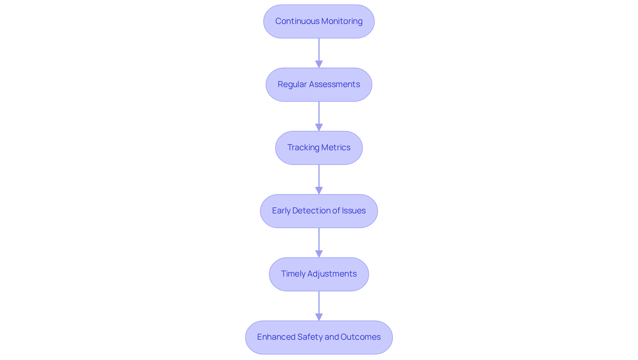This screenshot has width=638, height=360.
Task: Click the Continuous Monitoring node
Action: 319,22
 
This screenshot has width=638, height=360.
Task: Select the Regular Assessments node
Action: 319,85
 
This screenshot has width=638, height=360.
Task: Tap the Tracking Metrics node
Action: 319,148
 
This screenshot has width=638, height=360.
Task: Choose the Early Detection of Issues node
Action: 319,211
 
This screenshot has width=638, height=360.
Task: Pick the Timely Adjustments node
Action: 319,274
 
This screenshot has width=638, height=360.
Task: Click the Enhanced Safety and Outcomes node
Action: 319,337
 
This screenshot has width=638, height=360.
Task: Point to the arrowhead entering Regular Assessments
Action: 319,64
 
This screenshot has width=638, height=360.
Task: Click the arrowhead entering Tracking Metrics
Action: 319,127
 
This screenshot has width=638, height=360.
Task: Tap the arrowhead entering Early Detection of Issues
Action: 319,190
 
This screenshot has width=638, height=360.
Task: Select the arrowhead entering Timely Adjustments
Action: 319,254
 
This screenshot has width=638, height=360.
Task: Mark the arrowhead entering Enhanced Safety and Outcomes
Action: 319,317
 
